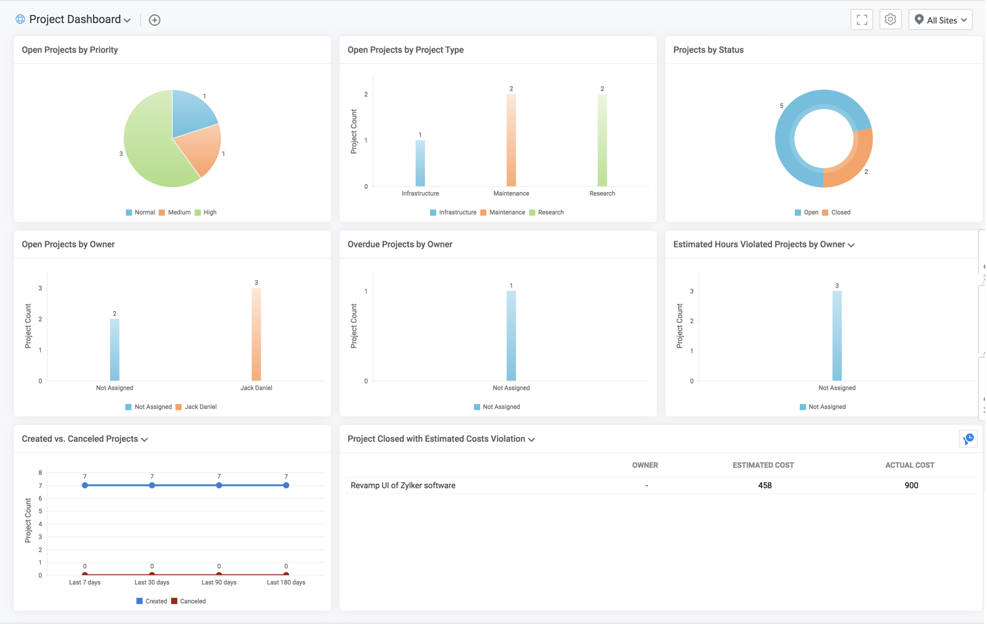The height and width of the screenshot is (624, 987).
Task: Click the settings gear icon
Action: coord(890,20)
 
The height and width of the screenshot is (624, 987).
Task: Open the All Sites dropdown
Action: coord(941,20)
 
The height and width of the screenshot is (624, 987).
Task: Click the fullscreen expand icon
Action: coord(861,20)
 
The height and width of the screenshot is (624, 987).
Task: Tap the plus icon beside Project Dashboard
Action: coord(154,20)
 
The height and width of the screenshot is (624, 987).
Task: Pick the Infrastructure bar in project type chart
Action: coord(420,163)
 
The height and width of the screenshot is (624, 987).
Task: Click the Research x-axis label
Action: coord(602,193)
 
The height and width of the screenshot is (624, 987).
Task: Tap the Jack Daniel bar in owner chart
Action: coord(256,334)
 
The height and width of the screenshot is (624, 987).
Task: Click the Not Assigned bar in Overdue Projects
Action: coord(511,336)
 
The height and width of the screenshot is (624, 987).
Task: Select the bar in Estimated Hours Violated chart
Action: coord(836,336)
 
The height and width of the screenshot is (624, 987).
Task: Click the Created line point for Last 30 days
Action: coord(152,485)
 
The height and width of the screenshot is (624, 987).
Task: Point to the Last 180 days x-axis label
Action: coord(286,582)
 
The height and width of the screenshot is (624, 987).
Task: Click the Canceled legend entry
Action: coord(188,601)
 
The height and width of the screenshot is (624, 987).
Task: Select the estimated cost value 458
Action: coord(765,485)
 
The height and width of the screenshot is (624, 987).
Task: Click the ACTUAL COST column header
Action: coord(910,465)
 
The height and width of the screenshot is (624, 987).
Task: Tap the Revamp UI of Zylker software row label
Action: coord(403,485)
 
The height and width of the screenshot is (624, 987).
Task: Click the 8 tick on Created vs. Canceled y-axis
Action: coord(40,473)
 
